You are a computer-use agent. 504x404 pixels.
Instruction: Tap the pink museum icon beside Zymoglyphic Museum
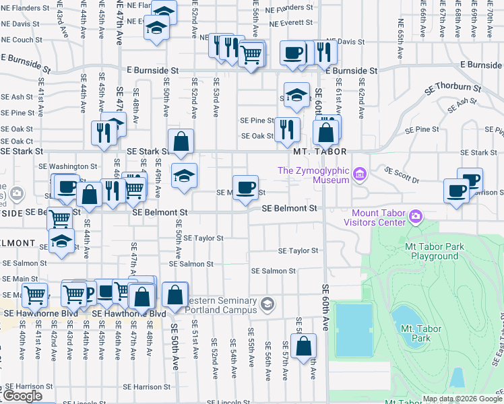pyautogui.click(x=360, y=175)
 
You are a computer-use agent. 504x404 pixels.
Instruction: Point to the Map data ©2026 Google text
pyautogui.click(x=462, y=399)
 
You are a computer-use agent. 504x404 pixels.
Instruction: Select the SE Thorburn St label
pyautogui.click(x=453, y=88)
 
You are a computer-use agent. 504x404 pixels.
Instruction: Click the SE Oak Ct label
pyautogui.click(x=17, y=141)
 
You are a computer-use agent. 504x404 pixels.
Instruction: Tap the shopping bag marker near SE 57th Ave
pyautogui.click(x=304, y=346)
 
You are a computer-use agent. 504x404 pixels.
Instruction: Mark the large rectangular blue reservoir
pyautogui.click(x=353, y=330)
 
